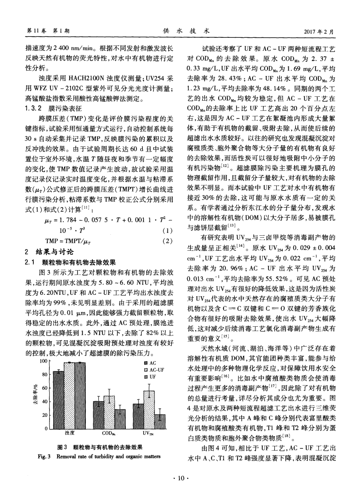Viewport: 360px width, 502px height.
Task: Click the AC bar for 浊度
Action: click(59, 400)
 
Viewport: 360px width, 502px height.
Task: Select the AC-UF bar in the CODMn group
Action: click(109, 412)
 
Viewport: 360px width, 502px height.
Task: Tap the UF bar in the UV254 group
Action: click(160, 422)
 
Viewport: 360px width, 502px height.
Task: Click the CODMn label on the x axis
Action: click(109, 434)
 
